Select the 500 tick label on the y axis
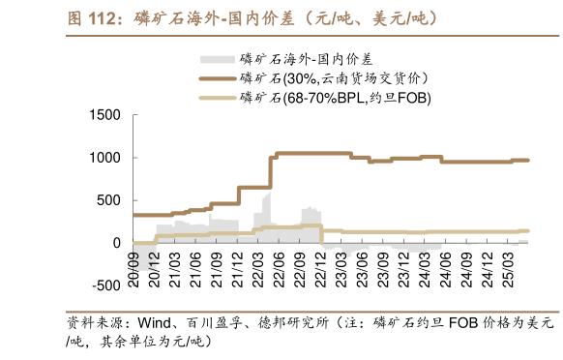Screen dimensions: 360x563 click(107, 200)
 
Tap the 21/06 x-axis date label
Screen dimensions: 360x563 click(197, 264)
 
